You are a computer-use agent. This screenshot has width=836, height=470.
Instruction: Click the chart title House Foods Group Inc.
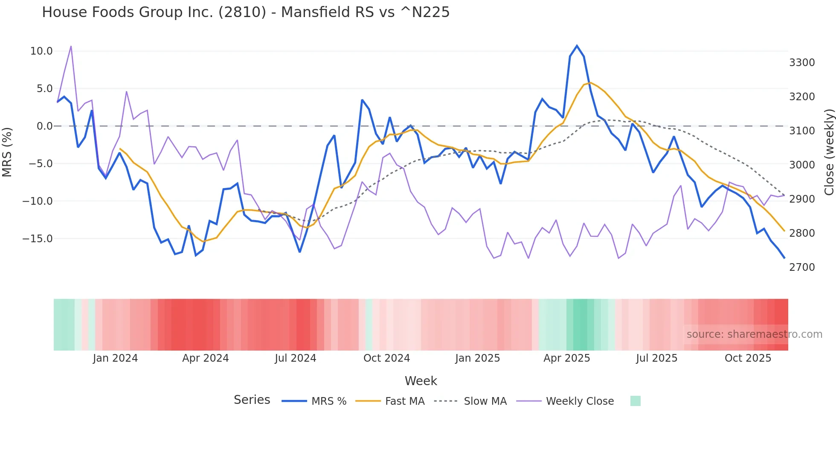(246, 12)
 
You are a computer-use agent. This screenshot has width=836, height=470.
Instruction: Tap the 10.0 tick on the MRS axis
(41, 51)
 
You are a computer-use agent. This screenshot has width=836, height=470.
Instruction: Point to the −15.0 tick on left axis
(38, 239)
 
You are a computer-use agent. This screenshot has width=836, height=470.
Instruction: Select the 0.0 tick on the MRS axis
(44, 126)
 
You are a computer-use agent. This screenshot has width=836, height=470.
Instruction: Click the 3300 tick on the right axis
(802, 63)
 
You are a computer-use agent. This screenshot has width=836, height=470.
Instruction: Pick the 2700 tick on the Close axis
(802, 267)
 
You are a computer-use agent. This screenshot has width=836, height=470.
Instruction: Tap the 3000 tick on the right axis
(802, 165)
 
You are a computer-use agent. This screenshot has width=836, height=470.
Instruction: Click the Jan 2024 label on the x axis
(115, 358)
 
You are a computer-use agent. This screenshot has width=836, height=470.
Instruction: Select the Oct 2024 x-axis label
(386, 358)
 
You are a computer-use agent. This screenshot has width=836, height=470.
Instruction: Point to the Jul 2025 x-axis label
(656, 358)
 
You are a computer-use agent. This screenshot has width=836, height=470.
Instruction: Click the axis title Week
(421, 381)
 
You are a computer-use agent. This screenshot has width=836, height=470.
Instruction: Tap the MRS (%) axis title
(7, 152)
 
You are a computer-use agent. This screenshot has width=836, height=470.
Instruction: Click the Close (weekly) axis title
(829, 152)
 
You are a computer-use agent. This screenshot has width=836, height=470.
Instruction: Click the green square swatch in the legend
(635, 401)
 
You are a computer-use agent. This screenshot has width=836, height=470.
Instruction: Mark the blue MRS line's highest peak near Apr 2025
(577, 46)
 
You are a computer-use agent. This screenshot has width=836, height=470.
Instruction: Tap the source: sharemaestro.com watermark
(754, 334)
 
